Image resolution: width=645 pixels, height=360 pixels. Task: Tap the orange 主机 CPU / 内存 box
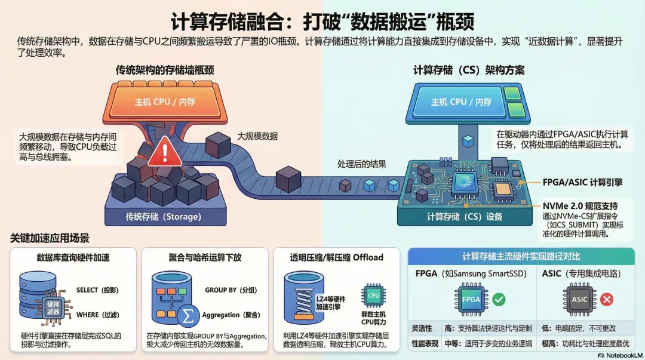(x=165, y=102)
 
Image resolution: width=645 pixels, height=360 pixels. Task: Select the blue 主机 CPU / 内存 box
(x=461, y=102)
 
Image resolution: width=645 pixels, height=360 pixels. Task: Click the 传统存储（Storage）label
(x=164, y=216)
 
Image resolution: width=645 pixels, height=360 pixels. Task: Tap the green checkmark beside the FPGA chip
(x=498, y=299)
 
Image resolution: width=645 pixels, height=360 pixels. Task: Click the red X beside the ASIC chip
(x=607, y=299)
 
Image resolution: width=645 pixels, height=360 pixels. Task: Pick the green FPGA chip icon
(x=471, y=299)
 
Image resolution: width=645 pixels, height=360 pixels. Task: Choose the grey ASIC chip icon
(x=579, y=299)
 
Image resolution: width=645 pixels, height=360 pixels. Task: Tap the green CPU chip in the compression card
(x=373, y=296)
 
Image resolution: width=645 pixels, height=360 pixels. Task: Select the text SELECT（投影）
(x=97, y=290)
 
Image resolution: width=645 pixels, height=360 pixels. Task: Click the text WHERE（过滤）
(x=97, y=315)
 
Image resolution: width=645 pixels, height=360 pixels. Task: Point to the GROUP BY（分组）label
(x=231, y=290)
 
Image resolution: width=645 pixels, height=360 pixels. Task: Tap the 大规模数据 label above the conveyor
(x=257, y=136)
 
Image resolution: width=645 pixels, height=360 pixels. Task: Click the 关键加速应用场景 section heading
(x=50, y=238)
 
